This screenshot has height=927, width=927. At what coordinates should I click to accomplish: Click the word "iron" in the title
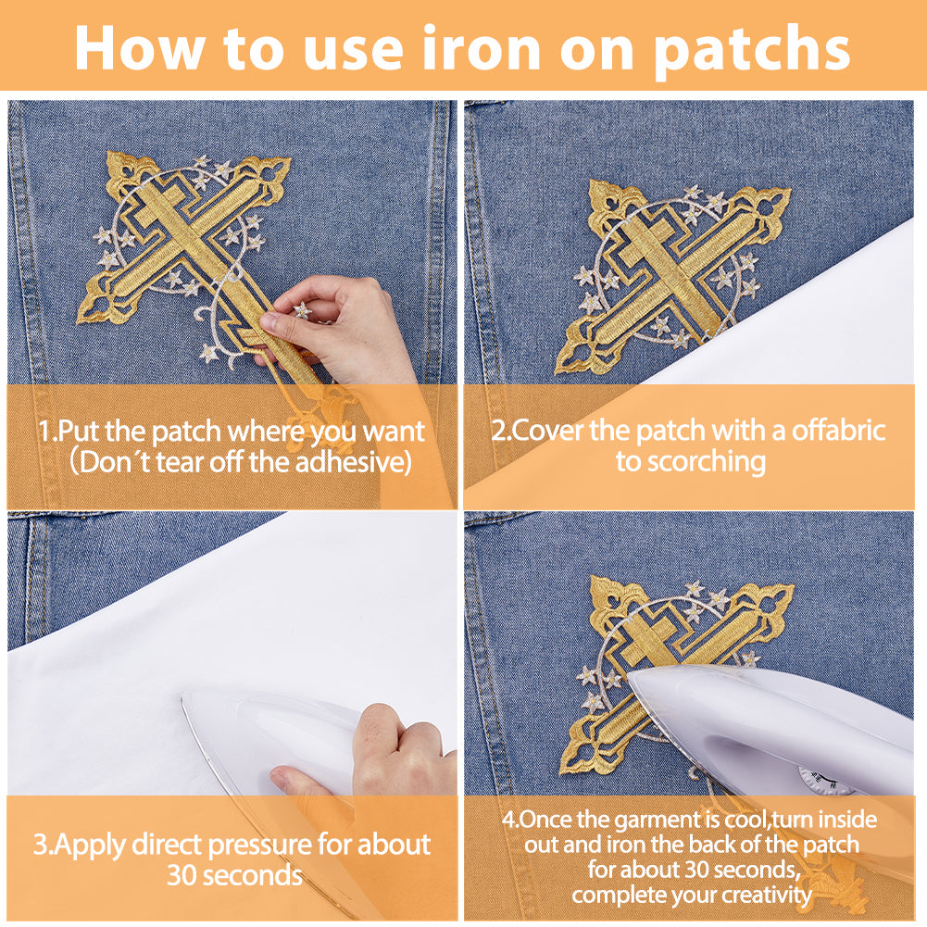(x=481, y=48)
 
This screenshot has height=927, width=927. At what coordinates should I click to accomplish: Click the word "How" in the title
(x=141, y=48)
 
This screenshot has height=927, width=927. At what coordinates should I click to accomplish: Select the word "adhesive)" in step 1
(x=353, y=462)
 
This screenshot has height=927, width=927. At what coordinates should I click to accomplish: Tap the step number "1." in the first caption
(x=47, y=431)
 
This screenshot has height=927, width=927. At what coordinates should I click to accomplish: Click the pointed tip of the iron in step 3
(x=182, y=698)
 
